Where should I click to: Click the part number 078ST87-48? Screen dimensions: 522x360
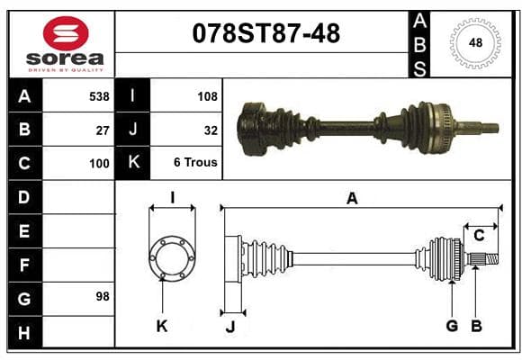(266, 33)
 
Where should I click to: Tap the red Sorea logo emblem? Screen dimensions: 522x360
(66, 33)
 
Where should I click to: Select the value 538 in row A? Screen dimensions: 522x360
(99, 96)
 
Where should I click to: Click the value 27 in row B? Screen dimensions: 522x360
(103, 130)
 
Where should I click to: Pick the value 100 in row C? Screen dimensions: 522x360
(99, 164)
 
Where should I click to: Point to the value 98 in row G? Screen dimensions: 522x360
(103, 296)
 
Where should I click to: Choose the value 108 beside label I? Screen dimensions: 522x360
(207, 96)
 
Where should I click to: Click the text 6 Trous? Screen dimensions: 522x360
(195, 162)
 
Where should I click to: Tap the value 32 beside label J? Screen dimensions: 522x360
(211, 130)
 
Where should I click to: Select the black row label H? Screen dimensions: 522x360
(25, 332)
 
